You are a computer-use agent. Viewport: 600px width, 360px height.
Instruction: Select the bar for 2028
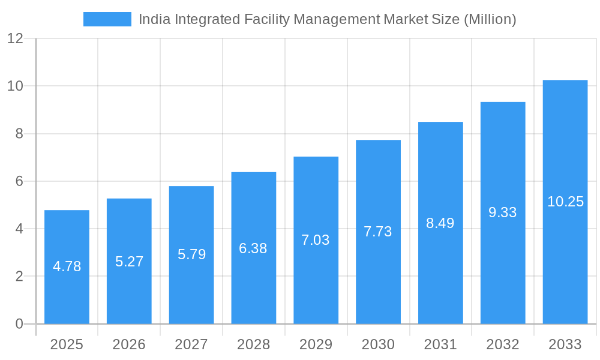[254, 282]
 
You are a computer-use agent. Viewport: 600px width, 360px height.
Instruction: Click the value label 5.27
[129, 262]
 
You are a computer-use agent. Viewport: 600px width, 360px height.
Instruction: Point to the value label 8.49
[440, 223]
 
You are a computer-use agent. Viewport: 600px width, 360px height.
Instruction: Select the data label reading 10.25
[565, 202]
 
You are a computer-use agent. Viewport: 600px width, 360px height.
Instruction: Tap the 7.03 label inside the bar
[316, 240]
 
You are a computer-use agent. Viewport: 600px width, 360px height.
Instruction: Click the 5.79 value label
[191, 254]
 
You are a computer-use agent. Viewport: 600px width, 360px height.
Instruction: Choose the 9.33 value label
[503, 212]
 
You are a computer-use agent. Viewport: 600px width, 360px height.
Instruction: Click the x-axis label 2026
[129, 344]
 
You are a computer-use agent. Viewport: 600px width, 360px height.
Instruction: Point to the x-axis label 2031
[440, 344]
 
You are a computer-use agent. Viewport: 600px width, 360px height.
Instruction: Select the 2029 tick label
[316, 344]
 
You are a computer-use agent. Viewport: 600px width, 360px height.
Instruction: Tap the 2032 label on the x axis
[503, 344]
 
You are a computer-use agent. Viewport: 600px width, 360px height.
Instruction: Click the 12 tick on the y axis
[15, 38]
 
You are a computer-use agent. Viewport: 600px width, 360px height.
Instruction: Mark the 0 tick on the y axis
[19, 324]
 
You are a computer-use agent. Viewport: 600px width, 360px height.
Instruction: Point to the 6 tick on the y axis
[19, 181]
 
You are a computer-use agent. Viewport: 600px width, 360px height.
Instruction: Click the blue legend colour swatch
[107, 19]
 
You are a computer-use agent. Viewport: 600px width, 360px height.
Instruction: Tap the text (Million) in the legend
[490, 19]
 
